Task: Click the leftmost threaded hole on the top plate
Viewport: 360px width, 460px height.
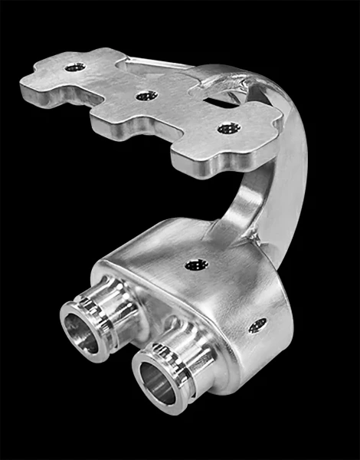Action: (74, 67)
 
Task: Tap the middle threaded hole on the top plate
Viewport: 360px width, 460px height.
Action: (146, 96)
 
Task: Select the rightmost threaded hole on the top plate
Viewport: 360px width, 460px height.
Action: (226, 129)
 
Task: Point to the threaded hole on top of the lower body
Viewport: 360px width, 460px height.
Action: (193, 265)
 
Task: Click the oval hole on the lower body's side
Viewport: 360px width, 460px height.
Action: (258, 324)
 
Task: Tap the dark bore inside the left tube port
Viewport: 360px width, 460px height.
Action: (80, 330)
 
